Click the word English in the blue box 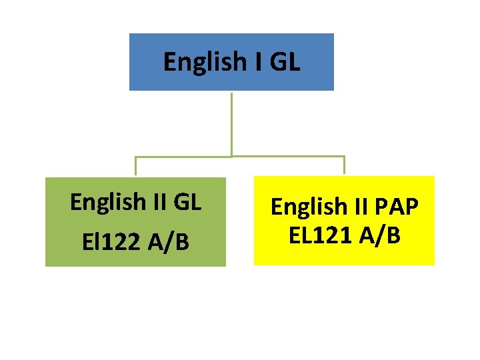pos(204,62)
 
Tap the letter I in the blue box pos(257,62)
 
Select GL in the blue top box pos(285,62)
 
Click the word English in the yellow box pos(309,207)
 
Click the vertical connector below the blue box pos(231,123)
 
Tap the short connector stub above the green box pos(136,166)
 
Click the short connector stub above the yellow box pos(344,165)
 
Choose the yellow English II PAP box pos(344,253)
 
